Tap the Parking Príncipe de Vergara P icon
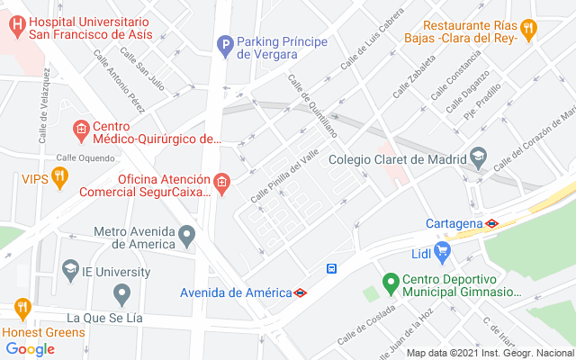click(224, 43)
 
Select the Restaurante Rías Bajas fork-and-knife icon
click(528, 27)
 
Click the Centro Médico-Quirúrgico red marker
click(80, 130)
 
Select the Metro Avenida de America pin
click(186, 237)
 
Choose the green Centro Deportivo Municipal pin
click(390, 283)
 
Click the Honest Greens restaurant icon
click(22, 310)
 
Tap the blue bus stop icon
click(332, 268)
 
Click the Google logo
click(31, 349)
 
